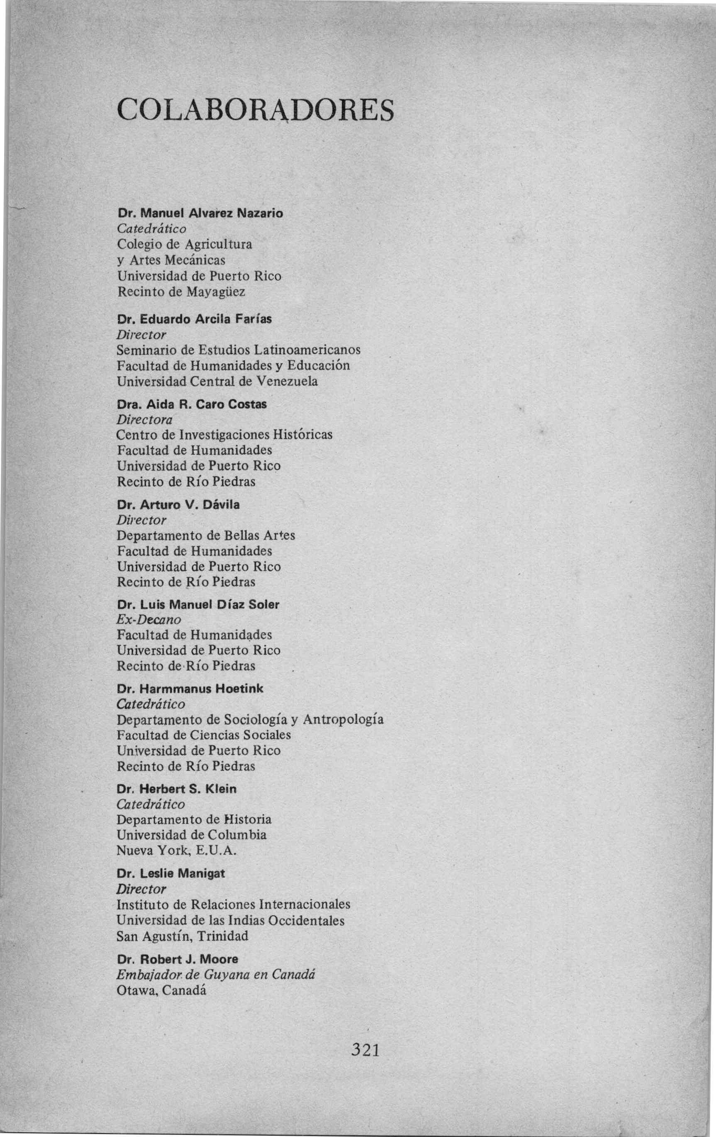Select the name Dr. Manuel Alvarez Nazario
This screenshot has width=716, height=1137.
click(200, 213)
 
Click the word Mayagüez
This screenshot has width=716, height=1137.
click(216, 292)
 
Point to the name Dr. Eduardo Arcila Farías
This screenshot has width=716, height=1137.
click(194, 319)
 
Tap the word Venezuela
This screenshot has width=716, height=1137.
click(286, 381)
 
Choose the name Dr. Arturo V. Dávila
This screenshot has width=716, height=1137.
click(178, 505)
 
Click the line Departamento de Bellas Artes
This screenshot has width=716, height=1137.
click(206, 536)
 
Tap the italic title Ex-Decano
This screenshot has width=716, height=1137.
click(149, 620)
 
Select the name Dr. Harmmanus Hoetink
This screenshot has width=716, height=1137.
click(190, 689)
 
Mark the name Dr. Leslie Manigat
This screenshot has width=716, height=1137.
click(170, 873)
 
